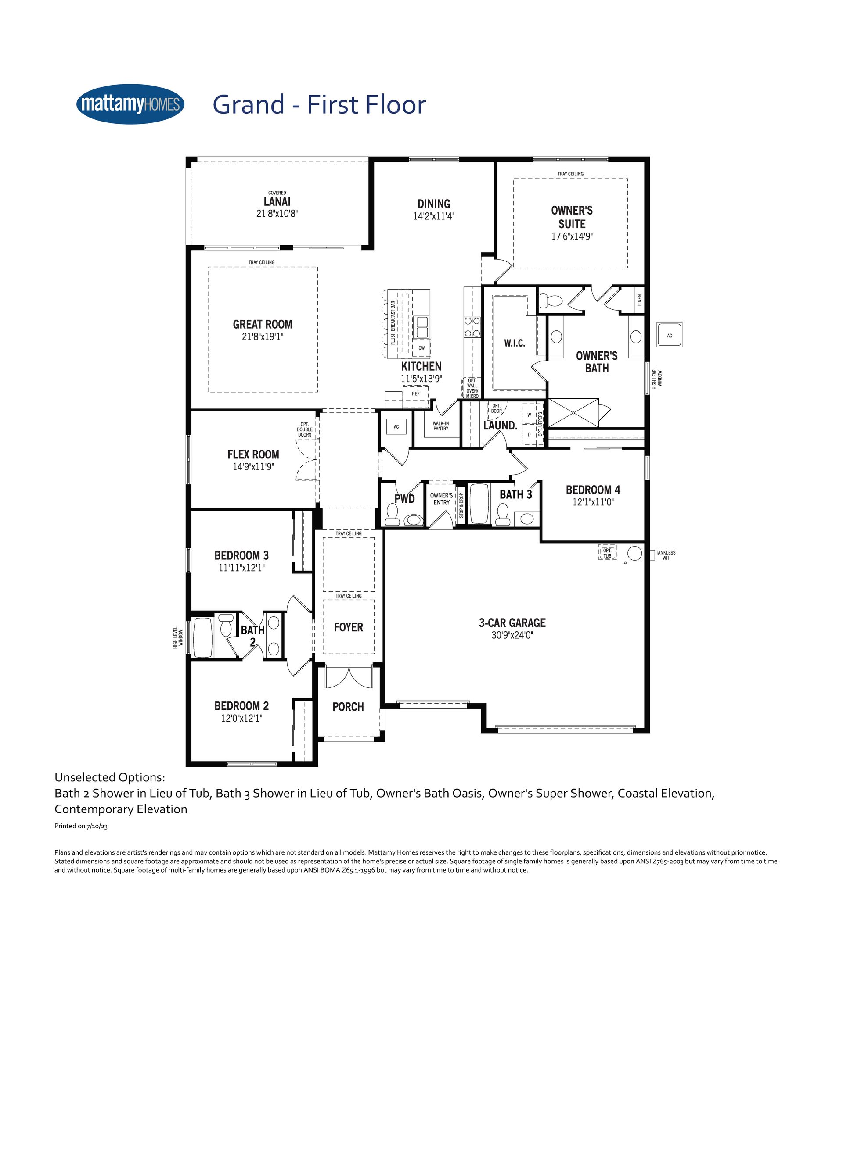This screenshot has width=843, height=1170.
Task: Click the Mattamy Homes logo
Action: coord(130,104)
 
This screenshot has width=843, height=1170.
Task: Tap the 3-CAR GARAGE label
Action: coord(512,623)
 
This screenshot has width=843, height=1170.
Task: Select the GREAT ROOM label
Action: coord(262,325)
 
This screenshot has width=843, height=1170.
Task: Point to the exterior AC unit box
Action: coord(670,335)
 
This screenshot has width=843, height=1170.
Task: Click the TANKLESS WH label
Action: coord(666,555)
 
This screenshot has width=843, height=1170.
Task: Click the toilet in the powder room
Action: coord(393,514)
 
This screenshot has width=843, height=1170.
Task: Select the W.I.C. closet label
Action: coord(515,343)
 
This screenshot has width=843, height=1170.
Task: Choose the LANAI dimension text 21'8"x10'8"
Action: coord(277,213)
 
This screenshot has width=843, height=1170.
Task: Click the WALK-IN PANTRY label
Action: coord(441,426)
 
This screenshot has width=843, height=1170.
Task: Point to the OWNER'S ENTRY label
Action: coord(441,499)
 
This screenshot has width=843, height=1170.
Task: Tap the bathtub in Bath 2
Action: coord(203,637)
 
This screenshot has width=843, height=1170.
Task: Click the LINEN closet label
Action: coord(640,300)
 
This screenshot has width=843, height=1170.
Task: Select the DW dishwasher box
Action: coord(422,348)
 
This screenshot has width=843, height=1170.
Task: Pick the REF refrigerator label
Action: coord(415,394)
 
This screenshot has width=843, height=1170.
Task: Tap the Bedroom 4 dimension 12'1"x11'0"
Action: coord(593,502)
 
